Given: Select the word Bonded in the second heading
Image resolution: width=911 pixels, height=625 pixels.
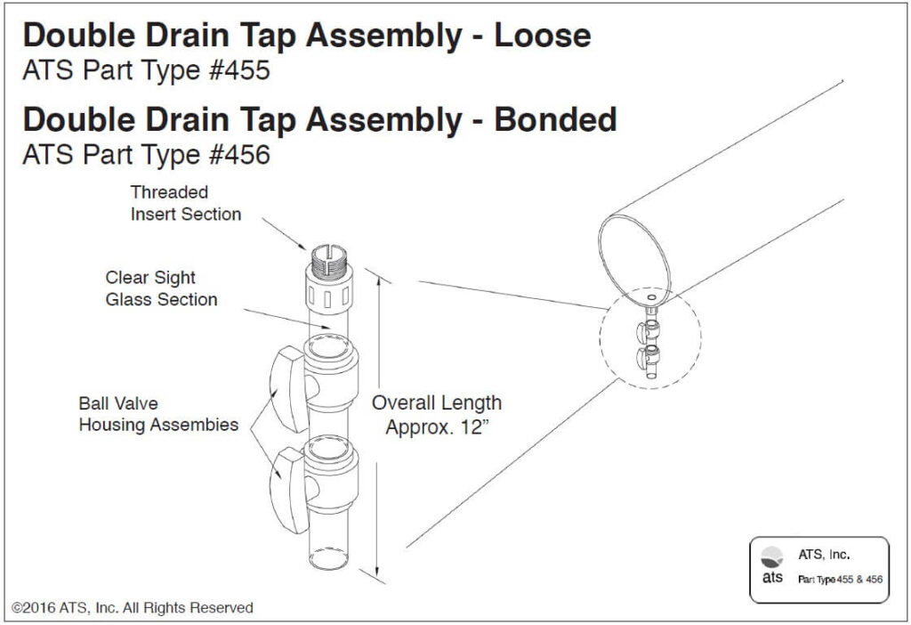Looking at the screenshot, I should (555, 119).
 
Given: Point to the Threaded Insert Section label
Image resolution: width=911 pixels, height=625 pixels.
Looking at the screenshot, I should (185, 203).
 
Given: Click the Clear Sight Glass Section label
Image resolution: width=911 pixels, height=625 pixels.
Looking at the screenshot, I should (161, 288).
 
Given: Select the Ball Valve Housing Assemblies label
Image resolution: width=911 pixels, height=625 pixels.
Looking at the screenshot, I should (158, 414).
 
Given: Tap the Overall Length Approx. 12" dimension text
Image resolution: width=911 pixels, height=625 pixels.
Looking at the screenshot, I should (436, 415).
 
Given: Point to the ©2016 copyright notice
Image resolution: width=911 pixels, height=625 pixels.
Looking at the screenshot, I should (133, 607).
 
